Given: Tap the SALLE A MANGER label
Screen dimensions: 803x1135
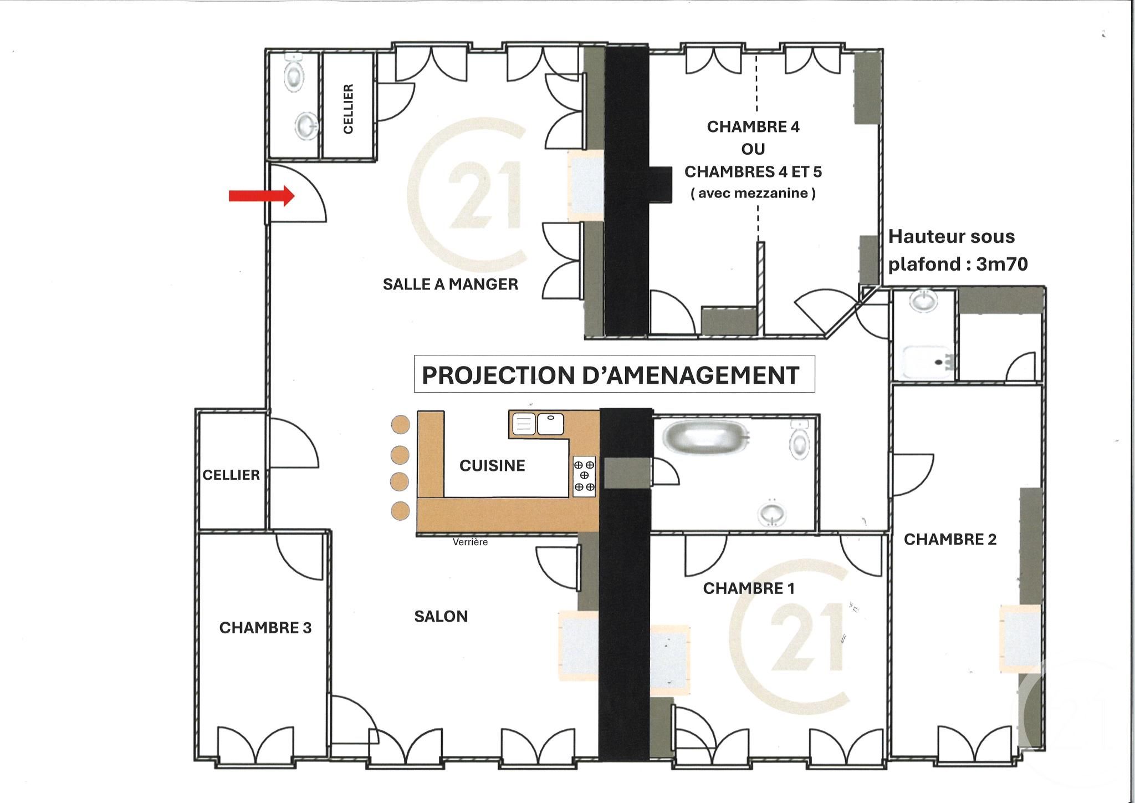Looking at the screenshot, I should [x=450, y=284].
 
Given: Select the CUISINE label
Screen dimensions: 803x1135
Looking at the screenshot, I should [x=492, y=465].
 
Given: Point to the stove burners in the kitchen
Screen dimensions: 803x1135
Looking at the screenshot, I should [x=584, y=476].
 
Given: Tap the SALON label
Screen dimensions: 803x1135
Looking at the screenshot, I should [x=441, y=616].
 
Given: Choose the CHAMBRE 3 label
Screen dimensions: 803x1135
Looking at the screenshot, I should [x=265, y=628].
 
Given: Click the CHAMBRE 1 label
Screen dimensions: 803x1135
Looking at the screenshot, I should [x=748, y=588].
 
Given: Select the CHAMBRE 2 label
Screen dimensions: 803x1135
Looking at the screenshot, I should [x=950, y=539].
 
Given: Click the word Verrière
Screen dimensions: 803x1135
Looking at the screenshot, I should [x=470, y=542].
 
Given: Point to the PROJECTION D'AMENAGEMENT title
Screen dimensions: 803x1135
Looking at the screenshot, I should [x=610, y=375].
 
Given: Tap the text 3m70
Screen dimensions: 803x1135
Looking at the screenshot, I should [x=1001, y=264].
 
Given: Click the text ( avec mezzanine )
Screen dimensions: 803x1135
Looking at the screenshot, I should [x=753, y=194].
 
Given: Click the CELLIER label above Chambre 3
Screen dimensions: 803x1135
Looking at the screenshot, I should [x=231, y=475].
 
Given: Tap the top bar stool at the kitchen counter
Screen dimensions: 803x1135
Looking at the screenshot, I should [x=400, y=425].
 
